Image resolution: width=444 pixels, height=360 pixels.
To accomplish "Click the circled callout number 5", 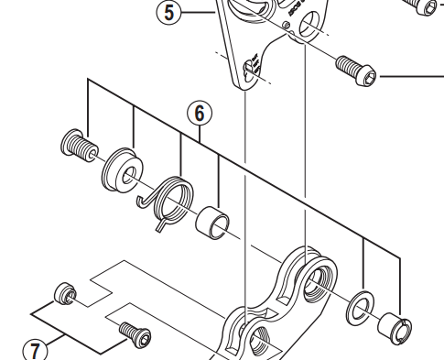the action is tap(168, 12).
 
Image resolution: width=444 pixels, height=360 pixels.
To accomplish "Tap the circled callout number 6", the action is tap(200, 114).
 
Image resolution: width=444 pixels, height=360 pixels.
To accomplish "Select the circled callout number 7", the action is tap(35, 350).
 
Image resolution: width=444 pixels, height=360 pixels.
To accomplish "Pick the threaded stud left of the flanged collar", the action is tap(80, 146).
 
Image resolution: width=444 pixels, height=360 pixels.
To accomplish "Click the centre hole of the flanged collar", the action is tap(129, 176).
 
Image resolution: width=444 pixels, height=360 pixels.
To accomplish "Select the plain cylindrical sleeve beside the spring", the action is tap(212, 223).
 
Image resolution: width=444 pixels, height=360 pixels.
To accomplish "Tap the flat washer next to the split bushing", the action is tap(361, 308).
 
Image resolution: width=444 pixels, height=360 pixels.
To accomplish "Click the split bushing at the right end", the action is tap(395, 329).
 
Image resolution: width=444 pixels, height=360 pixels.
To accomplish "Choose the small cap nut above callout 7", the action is tap(65, 293).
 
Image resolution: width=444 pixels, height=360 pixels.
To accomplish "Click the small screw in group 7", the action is tap(135, 334).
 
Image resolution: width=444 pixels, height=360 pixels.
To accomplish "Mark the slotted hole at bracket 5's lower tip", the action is tap(251, 71).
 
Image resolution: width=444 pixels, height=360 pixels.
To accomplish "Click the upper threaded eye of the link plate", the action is tap(319, 280).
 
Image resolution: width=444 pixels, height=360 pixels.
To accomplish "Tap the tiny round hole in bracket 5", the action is tap(287, 25).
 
